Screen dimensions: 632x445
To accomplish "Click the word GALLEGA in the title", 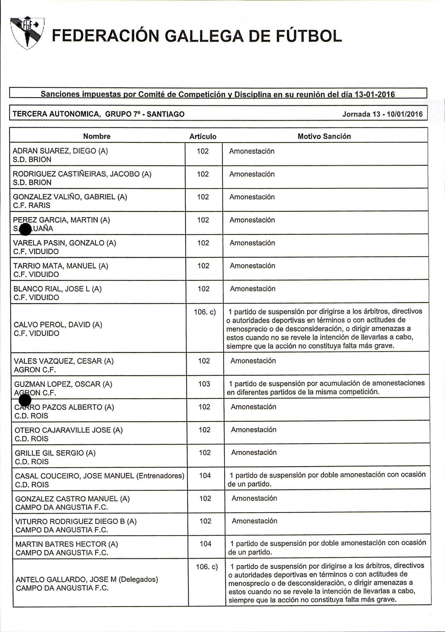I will coord(205,36).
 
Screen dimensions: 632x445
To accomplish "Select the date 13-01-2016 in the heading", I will coord(375,95).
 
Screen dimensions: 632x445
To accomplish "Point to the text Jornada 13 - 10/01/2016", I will coord(382,114).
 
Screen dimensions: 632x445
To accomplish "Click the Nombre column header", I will coord(97,136).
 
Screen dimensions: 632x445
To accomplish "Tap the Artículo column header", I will coord(203,137).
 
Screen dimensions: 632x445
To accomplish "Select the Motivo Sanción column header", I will coord(324,136).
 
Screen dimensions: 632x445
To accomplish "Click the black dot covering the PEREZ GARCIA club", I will coord(25,229).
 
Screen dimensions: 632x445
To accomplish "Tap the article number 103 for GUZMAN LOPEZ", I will coord(204,384).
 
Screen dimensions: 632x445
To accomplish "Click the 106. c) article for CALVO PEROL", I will coord(205,312).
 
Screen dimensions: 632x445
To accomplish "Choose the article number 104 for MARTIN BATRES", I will coord(205,543).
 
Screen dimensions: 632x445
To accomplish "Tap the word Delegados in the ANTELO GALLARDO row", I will coord(138,579).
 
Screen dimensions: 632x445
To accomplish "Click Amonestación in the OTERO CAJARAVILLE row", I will coord(253,429).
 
